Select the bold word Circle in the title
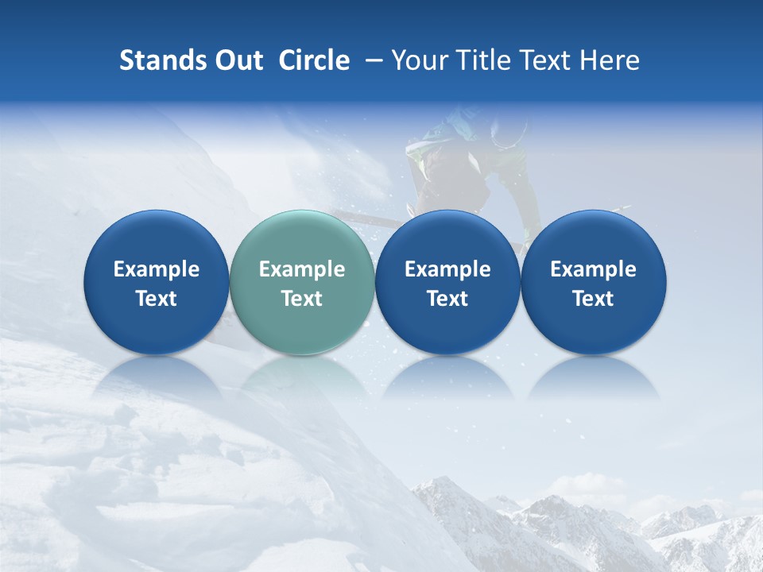[x=314, y=60]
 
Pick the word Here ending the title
[x=610, y=60]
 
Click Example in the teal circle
[x=301, y=269]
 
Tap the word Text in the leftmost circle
[x=156, y=299]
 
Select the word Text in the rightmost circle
[x=593, y=299]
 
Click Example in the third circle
[x=447, y=269]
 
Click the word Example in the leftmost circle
[x=156, y=269]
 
